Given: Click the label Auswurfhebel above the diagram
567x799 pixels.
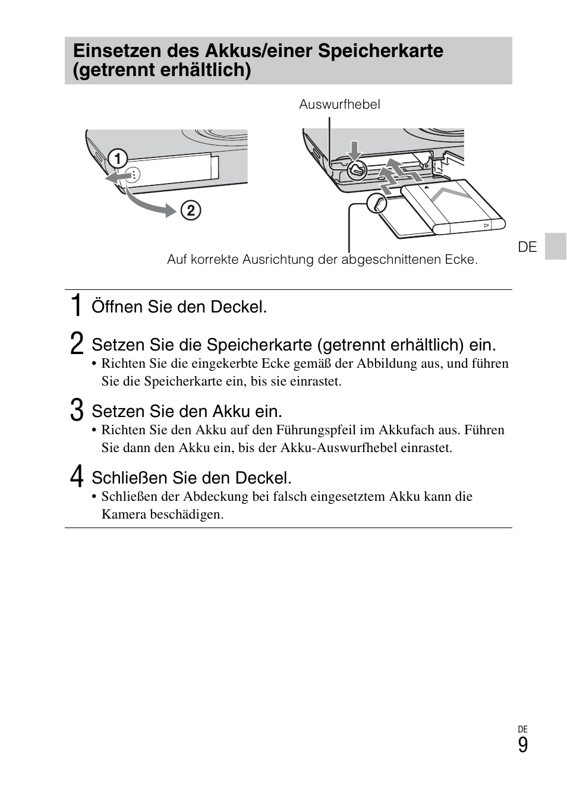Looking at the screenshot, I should coord(339,105).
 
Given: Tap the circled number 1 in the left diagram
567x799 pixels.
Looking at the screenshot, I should coord(118,159).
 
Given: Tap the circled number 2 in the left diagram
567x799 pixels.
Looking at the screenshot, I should coord(191,210).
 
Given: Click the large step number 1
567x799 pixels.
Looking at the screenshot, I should coord(76,305).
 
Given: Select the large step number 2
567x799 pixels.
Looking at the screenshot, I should coord(77,344).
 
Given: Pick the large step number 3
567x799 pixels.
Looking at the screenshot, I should coord(77,410).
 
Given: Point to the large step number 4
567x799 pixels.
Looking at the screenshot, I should coord(77,477).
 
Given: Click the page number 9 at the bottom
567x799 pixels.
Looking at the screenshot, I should coord(522,745).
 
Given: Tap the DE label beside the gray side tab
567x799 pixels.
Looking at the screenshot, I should coord(527,247).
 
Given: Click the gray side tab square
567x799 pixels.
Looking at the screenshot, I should coord(556,247).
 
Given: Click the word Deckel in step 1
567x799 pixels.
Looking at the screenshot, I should coord(243,307).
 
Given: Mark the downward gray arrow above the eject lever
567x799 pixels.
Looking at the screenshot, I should coord(355,150).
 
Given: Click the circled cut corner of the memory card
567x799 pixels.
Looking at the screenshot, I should coord(377,204).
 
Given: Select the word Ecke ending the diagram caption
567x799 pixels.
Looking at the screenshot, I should coord(462,260).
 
